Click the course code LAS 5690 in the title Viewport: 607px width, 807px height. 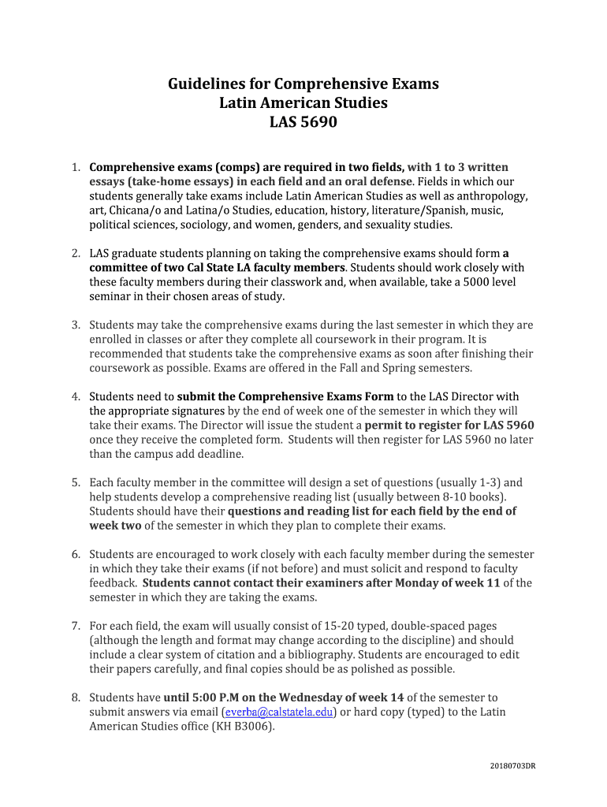point(303,124)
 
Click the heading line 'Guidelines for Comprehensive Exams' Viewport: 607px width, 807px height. point(303,84)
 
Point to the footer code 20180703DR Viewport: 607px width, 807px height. point(512,765)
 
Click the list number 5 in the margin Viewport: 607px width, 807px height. point(76,482)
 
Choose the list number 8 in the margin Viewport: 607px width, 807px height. point(76,697)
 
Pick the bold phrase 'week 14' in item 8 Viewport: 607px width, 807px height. point(381,697)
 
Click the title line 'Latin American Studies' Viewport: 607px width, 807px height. point(303,104)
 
